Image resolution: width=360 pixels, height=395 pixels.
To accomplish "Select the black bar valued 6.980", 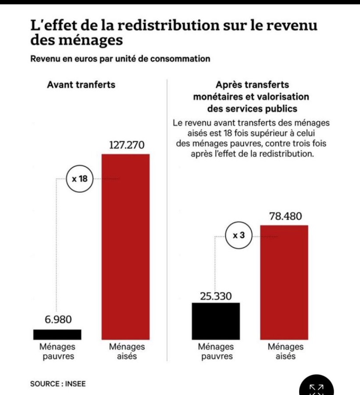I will click(x=57, y=334).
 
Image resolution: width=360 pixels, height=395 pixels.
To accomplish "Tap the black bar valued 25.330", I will click(x=216, y=321).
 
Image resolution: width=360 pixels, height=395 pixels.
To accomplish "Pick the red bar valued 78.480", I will click(x=284, y=282).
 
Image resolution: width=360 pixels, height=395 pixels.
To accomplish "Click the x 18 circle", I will click(x=80, y=179).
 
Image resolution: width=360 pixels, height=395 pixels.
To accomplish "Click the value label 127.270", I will click(x=126, y=145).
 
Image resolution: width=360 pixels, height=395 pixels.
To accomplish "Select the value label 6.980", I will click(x=57, y=319).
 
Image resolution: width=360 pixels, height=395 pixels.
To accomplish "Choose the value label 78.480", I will click(x=284, y=217).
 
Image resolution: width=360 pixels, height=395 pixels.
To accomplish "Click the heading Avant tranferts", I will click(x=81, y=85).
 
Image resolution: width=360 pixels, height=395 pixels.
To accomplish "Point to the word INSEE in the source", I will click(x=75, y=384).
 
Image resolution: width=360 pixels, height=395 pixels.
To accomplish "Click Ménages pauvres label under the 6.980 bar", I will click(x=58, y=351).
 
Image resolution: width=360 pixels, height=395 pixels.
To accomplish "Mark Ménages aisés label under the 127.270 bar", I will click(x=127, y=351).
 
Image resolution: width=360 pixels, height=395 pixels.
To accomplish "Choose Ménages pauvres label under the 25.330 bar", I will click(x=217, y=351).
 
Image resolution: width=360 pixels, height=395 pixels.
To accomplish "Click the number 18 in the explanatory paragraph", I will click(x=228, y=133).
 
